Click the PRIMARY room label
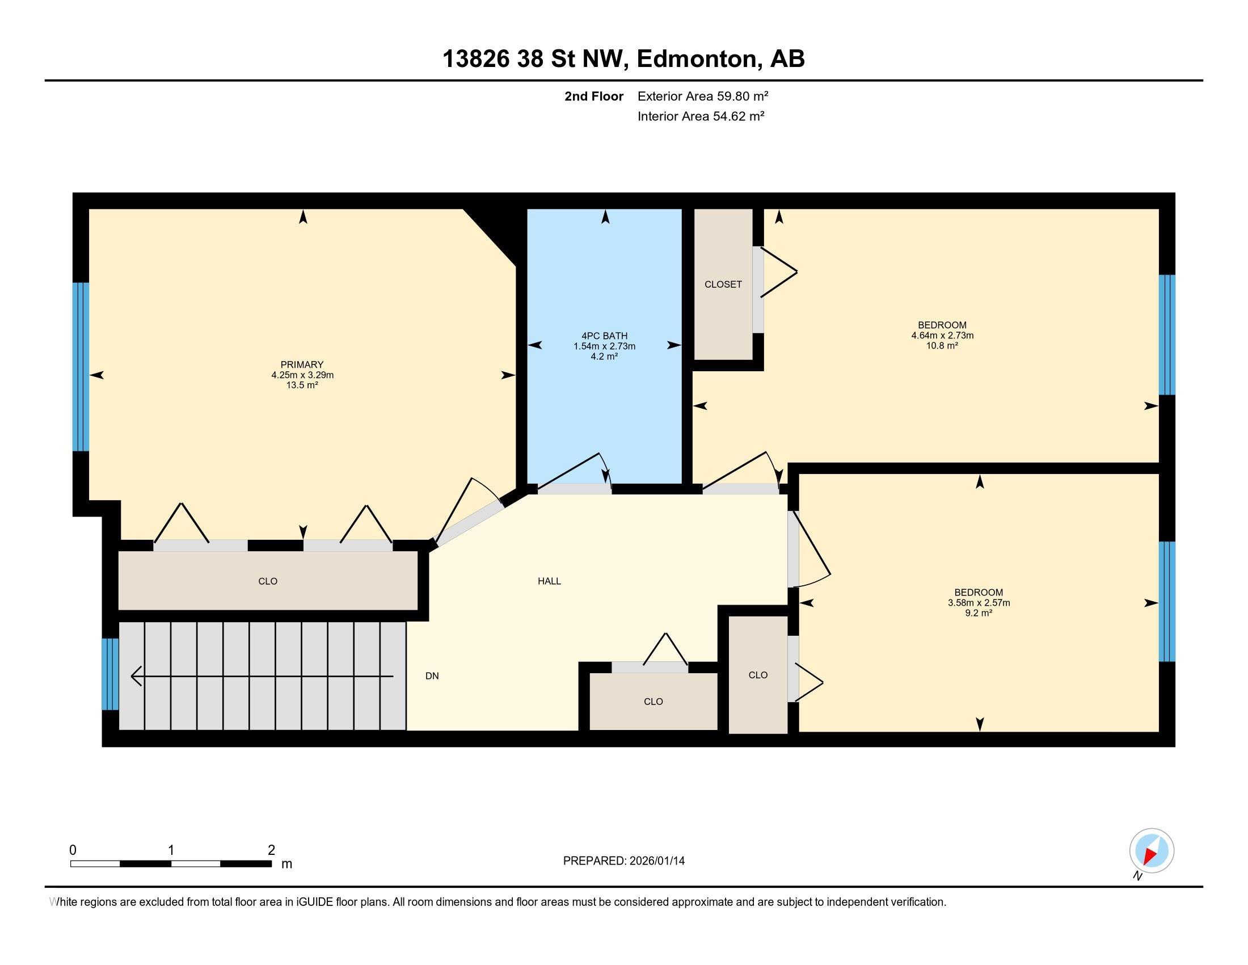[x=302, y=365]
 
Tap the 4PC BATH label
[x=604, y=336]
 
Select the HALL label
[x=549, y=581]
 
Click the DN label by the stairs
[x=432, y=675]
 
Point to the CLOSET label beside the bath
[x=723, y=284]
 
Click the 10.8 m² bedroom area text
[x=942, y=346]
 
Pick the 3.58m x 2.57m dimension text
[x=979, y=602]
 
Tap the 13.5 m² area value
[x=302, y=385]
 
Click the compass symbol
[x=1152, y=850]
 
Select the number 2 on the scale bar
[x=271, y=850]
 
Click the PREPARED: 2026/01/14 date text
[x=623, y=861]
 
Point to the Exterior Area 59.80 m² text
[x=702, y=96]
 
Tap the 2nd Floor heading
[x=594, y=96]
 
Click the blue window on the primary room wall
[x=81, y=367]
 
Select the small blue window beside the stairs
[x=109, y=674]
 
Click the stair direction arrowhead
[x=136, y=676]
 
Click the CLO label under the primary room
[x=267, y=581]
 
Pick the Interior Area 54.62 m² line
[x=701, y=116]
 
